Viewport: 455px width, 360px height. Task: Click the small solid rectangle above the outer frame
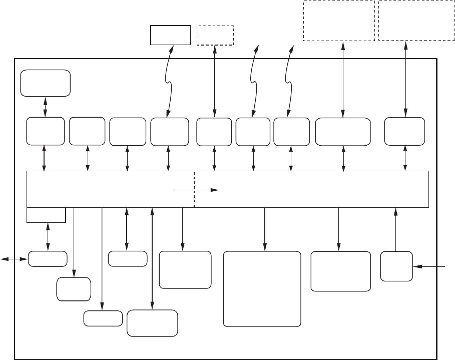[x=171, y=35]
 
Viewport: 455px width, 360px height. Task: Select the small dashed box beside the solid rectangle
[x=215, y=35]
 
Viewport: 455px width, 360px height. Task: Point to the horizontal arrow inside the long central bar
[x=197, y=190]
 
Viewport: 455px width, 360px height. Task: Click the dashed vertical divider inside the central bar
[x=194, y=189]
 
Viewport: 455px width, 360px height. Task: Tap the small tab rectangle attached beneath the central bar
[x=46, y=214]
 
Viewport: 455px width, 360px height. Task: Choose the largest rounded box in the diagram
[x=262, y=289]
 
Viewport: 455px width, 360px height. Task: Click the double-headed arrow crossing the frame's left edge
[x=14, y=259]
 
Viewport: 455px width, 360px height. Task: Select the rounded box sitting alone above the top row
[x=45, y=83]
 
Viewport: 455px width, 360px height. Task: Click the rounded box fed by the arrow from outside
[x=396, y=266]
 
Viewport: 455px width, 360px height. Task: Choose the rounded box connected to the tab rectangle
[x=48, y=259]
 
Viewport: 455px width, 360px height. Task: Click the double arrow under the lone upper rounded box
[x=45, y=106]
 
